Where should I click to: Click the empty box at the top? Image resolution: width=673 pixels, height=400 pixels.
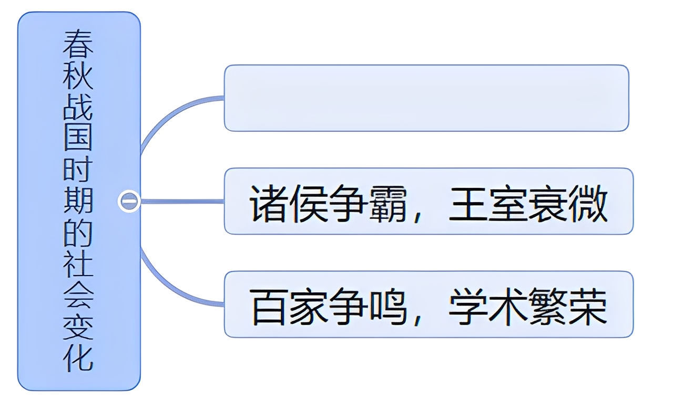(426, 98)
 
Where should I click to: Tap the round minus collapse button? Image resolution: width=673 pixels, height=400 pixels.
(129, 201)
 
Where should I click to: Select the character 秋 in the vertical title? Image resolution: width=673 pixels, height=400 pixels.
(78, 76)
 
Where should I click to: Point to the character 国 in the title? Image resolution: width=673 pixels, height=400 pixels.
(78, 139)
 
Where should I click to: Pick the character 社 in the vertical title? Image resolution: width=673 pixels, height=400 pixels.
(78, 263)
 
